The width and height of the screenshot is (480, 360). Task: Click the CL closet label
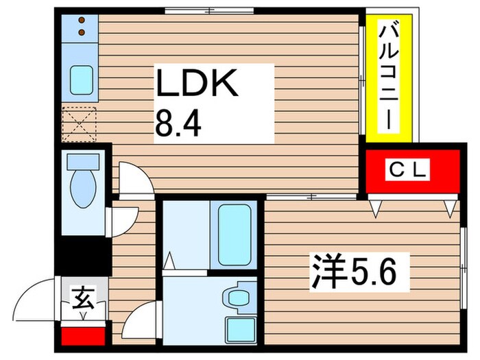pyautogui.click(x=412, y=169)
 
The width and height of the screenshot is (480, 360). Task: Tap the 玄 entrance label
pyautogui.click(x=82, y=299)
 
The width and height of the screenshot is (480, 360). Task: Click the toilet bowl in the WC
pyautogui.click(x=83, y=189)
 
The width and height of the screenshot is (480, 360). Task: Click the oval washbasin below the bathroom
pyautogui.click(x=239, y=297)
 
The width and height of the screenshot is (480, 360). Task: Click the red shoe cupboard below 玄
pyautogui.click(x=82, y=336)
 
